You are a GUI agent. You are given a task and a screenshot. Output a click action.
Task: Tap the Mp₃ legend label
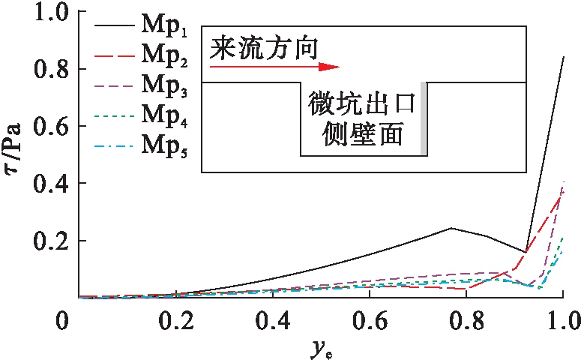[163, 89]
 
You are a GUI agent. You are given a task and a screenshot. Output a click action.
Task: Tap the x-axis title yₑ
[321, 346]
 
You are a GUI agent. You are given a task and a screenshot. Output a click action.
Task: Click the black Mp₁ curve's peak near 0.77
[451, 228]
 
